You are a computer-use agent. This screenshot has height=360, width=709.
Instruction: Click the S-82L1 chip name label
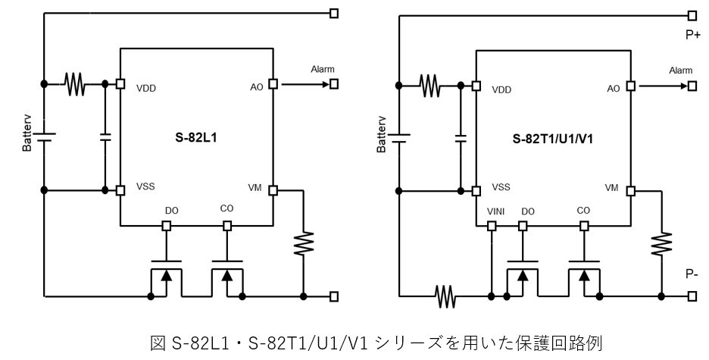tap(197, 139)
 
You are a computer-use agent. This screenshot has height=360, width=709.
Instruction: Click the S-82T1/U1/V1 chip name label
tap(551, 139)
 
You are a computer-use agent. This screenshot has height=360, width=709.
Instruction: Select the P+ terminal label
tap(692, 34)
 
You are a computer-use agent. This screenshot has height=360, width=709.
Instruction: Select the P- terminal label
tap(692, 274)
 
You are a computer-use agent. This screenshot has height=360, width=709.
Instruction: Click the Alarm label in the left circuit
tap(322, 70)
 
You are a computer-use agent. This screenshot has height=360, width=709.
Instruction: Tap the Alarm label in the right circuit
tap(680, 70)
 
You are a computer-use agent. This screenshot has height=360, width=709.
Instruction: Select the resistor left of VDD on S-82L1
tap(74, 83)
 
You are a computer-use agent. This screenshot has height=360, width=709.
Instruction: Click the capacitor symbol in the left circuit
tap(105, 137)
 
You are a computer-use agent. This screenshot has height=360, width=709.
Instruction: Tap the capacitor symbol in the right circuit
tap(460, 138)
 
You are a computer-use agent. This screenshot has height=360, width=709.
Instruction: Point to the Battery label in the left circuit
tap(27, 136)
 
